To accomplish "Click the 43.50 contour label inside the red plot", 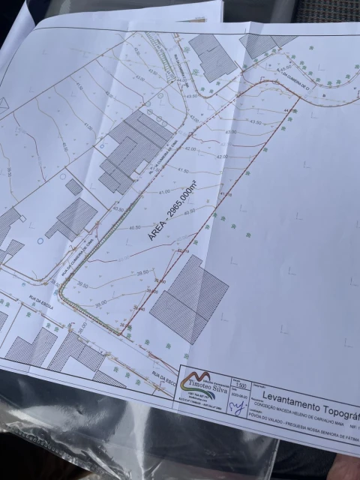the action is [x=254, y=121].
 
